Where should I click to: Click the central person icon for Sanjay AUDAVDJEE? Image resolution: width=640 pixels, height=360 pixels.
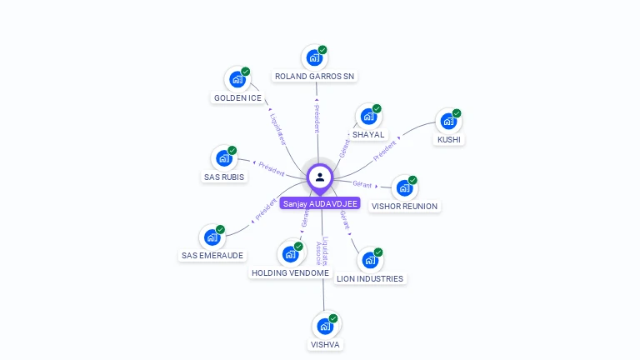pyautogui.click(x=320, y=177)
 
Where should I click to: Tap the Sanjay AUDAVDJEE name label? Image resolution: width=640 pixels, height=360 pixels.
pyautogui.click(x=320, y=203)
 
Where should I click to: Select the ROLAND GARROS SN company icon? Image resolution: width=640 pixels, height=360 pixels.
pyautogui.click(x=314, y=58)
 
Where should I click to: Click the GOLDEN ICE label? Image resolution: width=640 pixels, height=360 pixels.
pyautogui.click(x=237, y=97)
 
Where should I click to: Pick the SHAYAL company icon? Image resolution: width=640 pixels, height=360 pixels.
pyautogui.click(x=368, y=117)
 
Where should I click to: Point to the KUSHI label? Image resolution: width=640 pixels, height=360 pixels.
pyautogui.click(x=449, y=139)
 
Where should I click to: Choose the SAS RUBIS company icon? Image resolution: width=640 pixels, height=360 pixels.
pyautogui.click(x=223, y=158)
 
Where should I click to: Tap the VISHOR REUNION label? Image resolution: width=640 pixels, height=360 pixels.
pyautogui.click(x=404, y=206)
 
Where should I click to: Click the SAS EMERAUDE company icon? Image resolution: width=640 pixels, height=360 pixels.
pyautogui.click(x=212, y=237)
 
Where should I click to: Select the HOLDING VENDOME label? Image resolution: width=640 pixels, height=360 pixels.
pyautogui.click(x=290, y=272)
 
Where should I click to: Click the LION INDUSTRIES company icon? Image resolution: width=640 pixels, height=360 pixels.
pyautogui.click(x=369, y=261)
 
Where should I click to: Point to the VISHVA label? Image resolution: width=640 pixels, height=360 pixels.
pyautogui.click(x=326, y=343)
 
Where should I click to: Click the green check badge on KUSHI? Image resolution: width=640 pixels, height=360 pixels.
pyautogui.click(x=457, y=113)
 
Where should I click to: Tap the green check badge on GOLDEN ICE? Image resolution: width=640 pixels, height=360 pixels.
pyautogui.click(x=246, y=72)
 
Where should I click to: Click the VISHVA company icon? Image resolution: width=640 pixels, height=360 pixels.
pyautogui.click(x=325, y=326)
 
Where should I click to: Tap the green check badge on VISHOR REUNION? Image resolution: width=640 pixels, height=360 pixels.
pyautogui.click(x=412, y=180)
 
